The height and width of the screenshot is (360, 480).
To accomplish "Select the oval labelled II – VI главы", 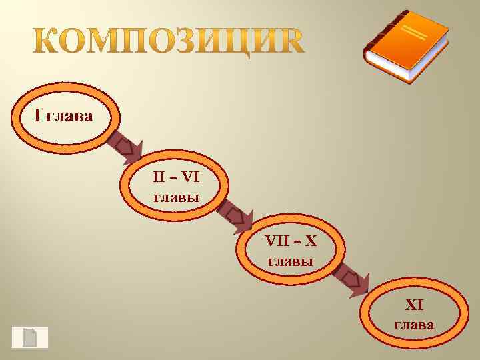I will coord(176,187).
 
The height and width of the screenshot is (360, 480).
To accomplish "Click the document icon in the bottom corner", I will coord(29,337).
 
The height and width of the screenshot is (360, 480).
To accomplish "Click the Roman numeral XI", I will coord(415,305).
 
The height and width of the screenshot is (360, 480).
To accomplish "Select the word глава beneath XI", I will coord(414,325).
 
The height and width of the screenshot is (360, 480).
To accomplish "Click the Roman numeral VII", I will coord(277,241).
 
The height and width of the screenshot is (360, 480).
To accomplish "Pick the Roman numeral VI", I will coord(191,177).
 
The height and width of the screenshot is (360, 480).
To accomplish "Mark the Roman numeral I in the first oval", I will coord(38,117).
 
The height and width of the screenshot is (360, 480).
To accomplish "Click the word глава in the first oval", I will coord(70,117).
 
